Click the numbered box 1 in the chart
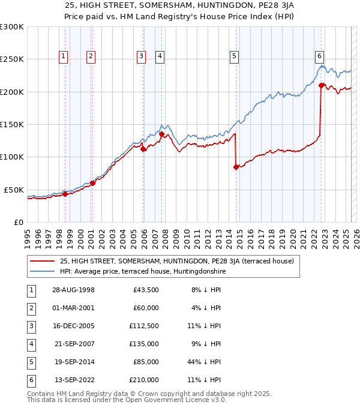click(64, 57)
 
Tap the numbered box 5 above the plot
click(233, 57)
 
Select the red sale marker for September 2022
click(322, 85)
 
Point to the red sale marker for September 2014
click(236, 167)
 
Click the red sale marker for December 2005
click(143, 149)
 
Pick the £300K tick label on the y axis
click(12, 27)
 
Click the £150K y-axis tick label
click(12, 124)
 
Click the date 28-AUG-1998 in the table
click(69, 290)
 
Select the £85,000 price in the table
click(146, 362)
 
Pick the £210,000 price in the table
click(144, 380)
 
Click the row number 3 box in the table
click(31, 326)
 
